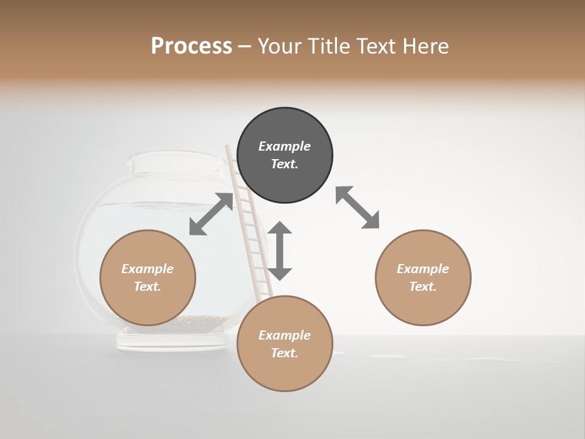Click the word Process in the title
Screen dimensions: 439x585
(191, 46)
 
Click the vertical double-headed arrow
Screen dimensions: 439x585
(280, 251)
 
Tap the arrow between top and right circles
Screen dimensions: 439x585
(358, 208)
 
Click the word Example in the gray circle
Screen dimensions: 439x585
(285, 146)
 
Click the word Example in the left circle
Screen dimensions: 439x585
(147, 269)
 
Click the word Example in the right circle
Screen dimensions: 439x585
(423, 269)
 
